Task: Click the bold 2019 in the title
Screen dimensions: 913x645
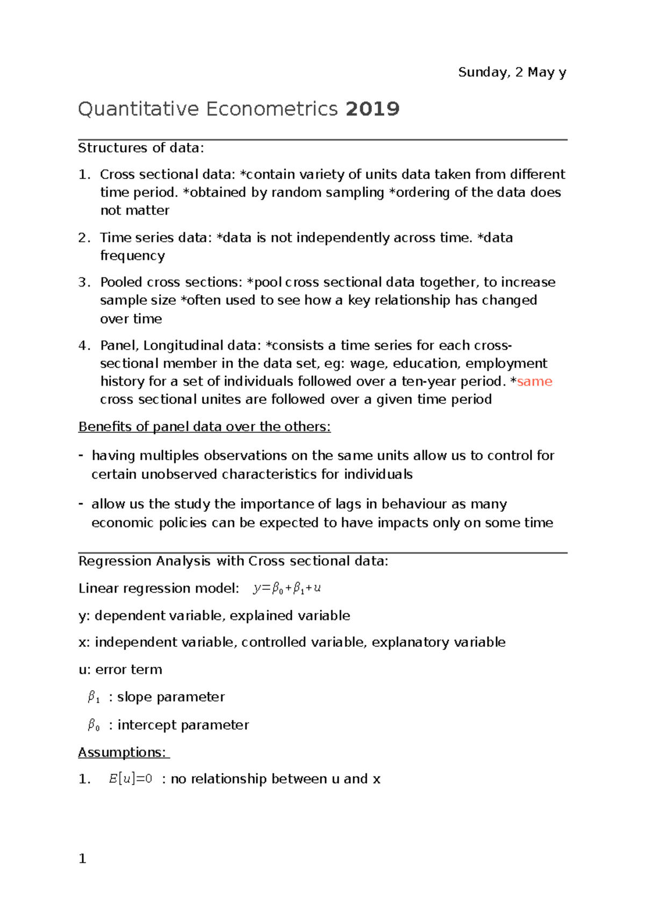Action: pyautogui.click(x=372, y=109)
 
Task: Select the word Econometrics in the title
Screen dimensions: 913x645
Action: pyautogui.click(x=271, y=109)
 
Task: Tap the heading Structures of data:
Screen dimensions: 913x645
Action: pyautogui.click(x=141, y=148)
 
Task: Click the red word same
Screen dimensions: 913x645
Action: pyautogui.click(x=534, y=381)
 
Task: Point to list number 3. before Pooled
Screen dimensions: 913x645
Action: pyautogui.click(x=84, y=282)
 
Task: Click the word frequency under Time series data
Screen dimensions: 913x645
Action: pyautogui.click(x=132, y=255)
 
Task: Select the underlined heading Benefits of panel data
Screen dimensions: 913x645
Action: pyautogui.click(x=204, y=427)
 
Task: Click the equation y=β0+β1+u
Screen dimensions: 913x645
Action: pyautogui.click(x=287, y=588)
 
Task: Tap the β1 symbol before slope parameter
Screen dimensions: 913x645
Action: pyautogui.click(x=94, y=697)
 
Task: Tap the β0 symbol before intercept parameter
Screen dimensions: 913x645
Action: pyautogui.click(x=94, y=725)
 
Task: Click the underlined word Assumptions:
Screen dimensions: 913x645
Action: pyautogui.click(x=123, y=752)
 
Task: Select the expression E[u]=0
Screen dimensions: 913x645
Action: pyautogui.click(x=131, y=779)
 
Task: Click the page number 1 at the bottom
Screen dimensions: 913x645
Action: pyautogui.click(x=82, y=859)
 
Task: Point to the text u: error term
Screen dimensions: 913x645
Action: pyautogui.click(x=120, y=669)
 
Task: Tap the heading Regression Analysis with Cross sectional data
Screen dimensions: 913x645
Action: pyautogui.click(x=233, y=561)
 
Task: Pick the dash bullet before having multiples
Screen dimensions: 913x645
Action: pyautogui.click(x=81, y=455)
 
